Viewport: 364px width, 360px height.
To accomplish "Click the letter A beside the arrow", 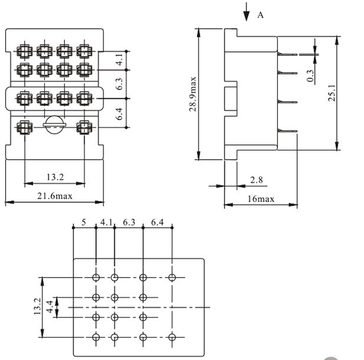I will [x=260, y=15].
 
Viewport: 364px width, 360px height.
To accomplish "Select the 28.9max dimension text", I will [x=192, y=95].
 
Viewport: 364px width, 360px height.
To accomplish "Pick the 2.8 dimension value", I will [x=256, y=180].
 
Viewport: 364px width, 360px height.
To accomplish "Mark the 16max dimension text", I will [x=261, y=199].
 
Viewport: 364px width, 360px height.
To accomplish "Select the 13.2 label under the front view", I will [x=55, y=177].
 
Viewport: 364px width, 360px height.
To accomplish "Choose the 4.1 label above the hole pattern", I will [x=107, y=223].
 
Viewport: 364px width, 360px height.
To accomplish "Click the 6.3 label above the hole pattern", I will [x=129, y=223].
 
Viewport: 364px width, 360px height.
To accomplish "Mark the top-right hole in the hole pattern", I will [x=172, y=277].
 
